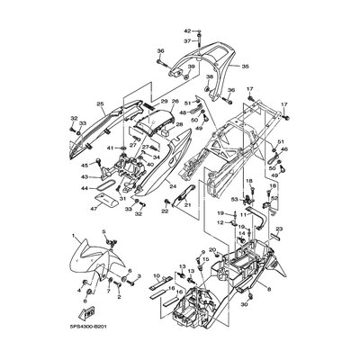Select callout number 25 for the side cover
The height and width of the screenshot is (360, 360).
coord(101,103)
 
